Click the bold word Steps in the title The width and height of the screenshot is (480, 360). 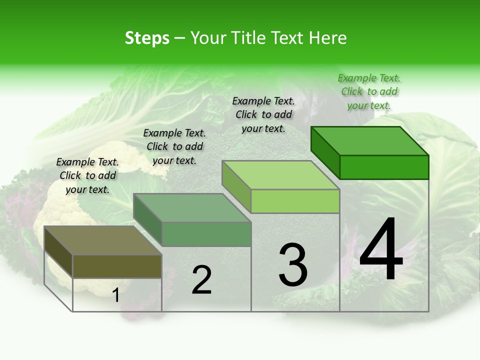[x=147, y=38]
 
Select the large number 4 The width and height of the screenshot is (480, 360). [x=381, y=250]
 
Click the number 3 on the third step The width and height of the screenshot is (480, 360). [x=293, y=265]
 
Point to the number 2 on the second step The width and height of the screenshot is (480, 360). [x=202, y=280]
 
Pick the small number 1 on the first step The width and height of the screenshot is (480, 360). [x=116, y=295]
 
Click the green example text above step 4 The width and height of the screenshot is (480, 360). [x=369, y=91]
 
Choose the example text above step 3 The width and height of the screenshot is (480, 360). [x=263, y=114]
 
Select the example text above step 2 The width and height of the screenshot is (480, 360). [x=174, y=146]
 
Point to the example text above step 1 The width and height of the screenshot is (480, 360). [x=87, y=175]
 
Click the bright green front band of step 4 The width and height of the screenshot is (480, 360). [x=384, y=167]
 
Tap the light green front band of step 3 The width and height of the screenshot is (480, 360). [x=295, y=201]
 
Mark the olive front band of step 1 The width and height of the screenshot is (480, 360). [x=117, y=266]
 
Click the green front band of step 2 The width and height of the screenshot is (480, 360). [x=206, y=234]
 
